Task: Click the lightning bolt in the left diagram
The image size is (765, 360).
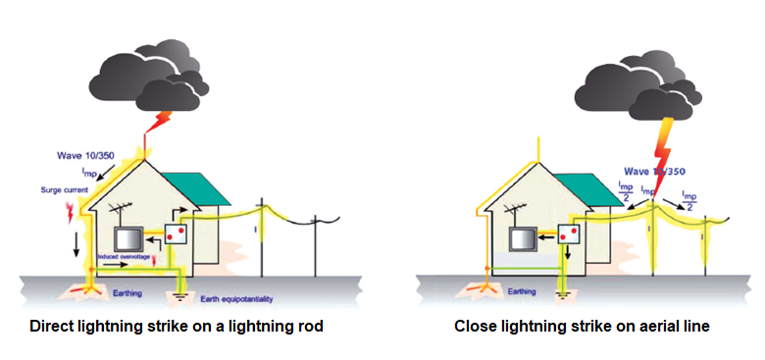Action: [x=159, y=121]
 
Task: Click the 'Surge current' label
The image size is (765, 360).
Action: [x=62, y=188]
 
